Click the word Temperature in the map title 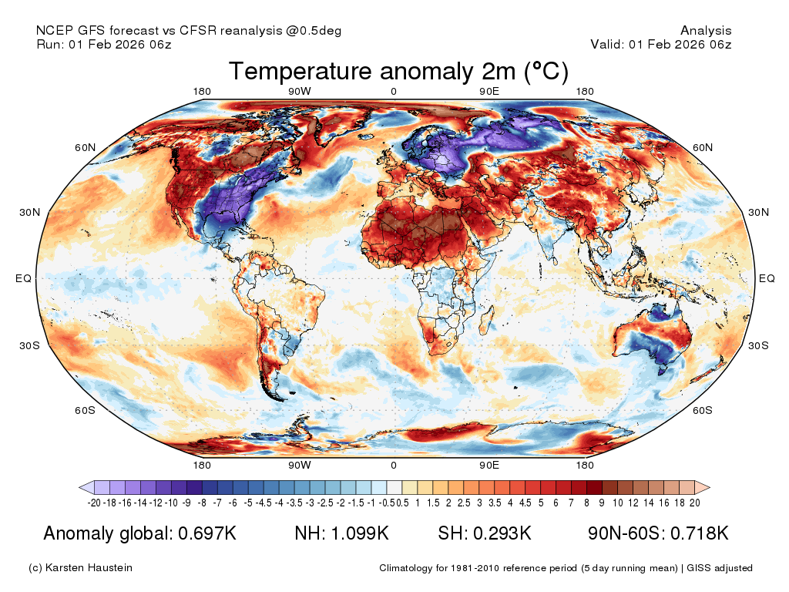click(300, 71)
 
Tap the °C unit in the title click(546, 71)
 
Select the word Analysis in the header click(706, 30)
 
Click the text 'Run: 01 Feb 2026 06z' click(104, 44)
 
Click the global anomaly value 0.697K click(207, 533)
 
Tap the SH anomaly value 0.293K click(502, 533)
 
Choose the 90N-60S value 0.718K click(700, 533)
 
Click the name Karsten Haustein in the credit click(89, 568)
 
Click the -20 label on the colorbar click(93, 503)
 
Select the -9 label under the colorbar click(186, 503)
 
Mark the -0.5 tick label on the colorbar click(388, 503)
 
